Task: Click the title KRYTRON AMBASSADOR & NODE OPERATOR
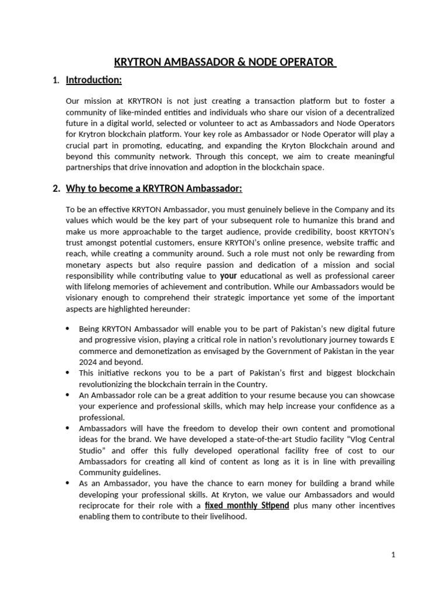coord(224,62)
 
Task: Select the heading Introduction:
coord(93,80)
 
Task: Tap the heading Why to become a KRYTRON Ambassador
coord(154,188)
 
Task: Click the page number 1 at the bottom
coord(393,555)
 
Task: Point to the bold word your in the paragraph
coord(228,275)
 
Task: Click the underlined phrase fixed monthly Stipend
coord(247,505)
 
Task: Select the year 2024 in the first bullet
coord(89,361)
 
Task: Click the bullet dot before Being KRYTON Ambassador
coord(70,328)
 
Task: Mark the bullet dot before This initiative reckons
coord(70,373)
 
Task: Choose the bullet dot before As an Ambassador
coord(70,483)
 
